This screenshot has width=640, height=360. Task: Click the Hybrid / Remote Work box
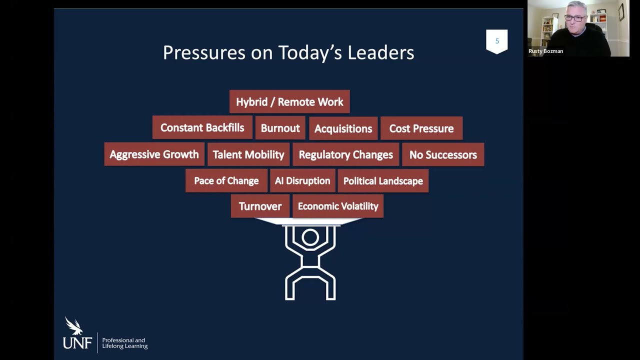coord(289,102)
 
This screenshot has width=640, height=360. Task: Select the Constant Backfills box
coord(202,128)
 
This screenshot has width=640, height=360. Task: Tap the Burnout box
coord(280,128)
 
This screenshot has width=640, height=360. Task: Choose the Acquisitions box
coord(343,129)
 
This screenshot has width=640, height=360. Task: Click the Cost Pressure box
coord(421,129)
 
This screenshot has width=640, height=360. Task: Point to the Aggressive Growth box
coord(154,155)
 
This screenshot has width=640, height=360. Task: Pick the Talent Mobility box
coord(248,155)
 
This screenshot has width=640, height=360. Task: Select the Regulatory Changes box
coord(345,155)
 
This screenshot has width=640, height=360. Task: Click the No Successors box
coord(443,155)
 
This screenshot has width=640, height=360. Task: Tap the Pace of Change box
coord(226,181)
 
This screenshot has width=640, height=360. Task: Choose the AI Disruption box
coord(302,181)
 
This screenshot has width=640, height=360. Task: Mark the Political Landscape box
coord(383,181)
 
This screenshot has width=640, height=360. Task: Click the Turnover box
coord(260,206)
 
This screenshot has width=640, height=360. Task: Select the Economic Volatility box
coord(338,206)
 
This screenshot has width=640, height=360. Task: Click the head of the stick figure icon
coord(310,237)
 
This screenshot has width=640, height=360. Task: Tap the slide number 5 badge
coord(497,41)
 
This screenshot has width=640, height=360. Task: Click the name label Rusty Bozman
coord(545,51)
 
